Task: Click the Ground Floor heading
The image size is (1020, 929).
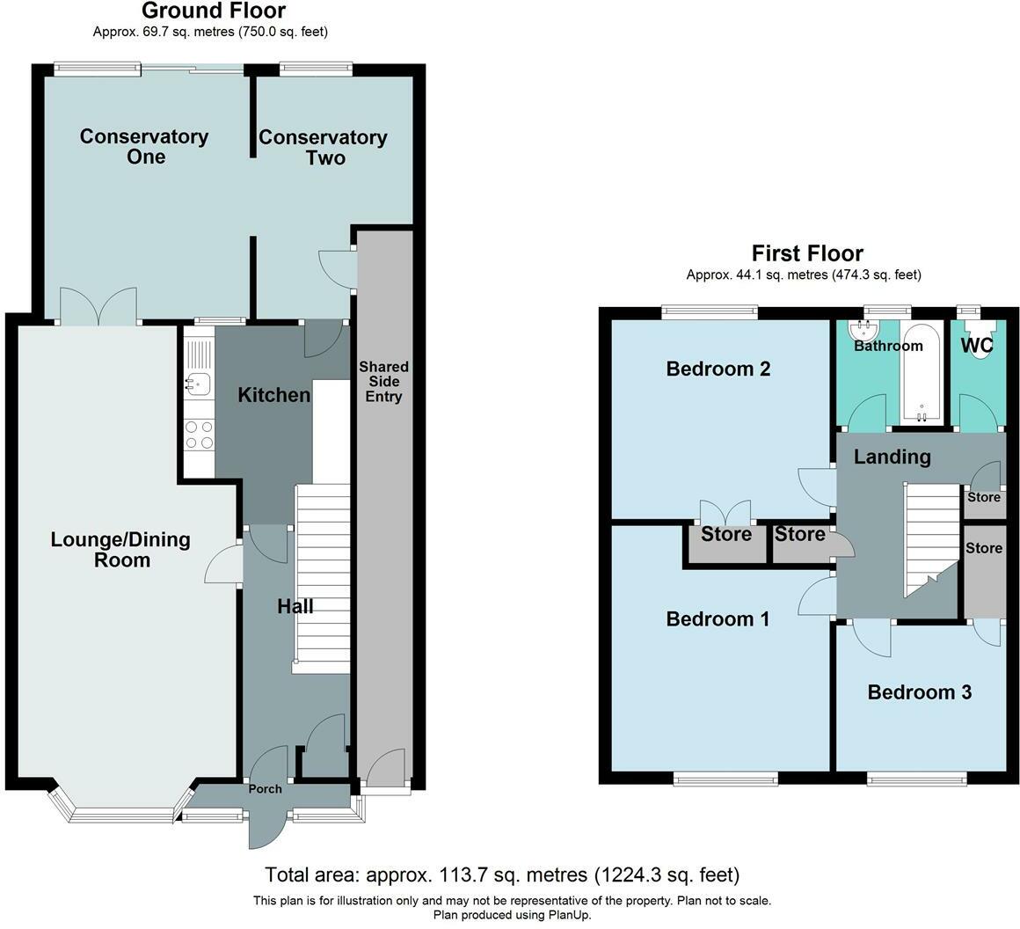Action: pos(213,11)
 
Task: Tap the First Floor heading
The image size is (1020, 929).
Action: pos(806,254)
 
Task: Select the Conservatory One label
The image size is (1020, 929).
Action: pos(144,146)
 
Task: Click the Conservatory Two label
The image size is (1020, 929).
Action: pos(323,147)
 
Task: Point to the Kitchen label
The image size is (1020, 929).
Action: pos(274,396)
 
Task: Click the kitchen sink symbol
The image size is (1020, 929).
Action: pos(198,383)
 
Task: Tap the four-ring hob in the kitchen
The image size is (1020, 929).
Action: pos(198,435)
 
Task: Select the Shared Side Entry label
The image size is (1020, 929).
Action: pos(383,382)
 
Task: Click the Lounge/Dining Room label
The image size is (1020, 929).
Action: pos(120,550)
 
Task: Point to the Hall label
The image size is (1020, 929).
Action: pos(295,606)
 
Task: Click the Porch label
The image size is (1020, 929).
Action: pos(265,789)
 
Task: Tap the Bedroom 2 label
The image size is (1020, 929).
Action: pos(718,369)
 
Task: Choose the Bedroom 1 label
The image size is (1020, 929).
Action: pos(718,619)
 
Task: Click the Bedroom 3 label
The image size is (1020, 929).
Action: pos(919,692)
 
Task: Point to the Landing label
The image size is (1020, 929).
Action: pos(892,457)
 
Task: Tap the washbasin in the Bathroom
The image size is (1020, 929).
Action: pos(863,330)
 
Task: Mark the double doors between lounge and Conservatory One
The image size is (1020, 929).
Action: pos(98,307)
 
